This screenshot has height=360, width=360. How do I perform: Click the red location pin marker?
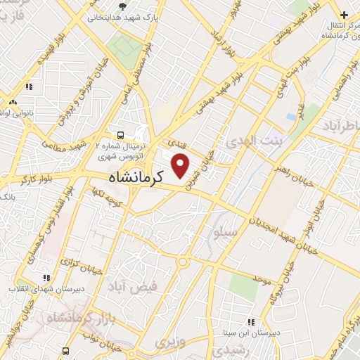pyautogui.click(x=181, y=165)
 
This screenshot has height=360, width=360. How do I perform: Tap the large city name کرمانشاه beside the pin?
pyautogui.click(x=136, y=178)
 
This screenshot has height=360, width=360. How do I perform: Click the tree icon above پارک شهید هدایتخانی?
pyautogui.click(x=123, y=6)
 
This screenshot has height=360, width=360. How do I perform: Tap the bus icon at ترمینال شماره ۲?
pyautogui.click(x=120, y=134)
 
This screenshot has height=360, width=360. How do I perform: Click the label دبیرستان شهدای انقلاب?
pyautogui.click(x=42, y=288)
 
